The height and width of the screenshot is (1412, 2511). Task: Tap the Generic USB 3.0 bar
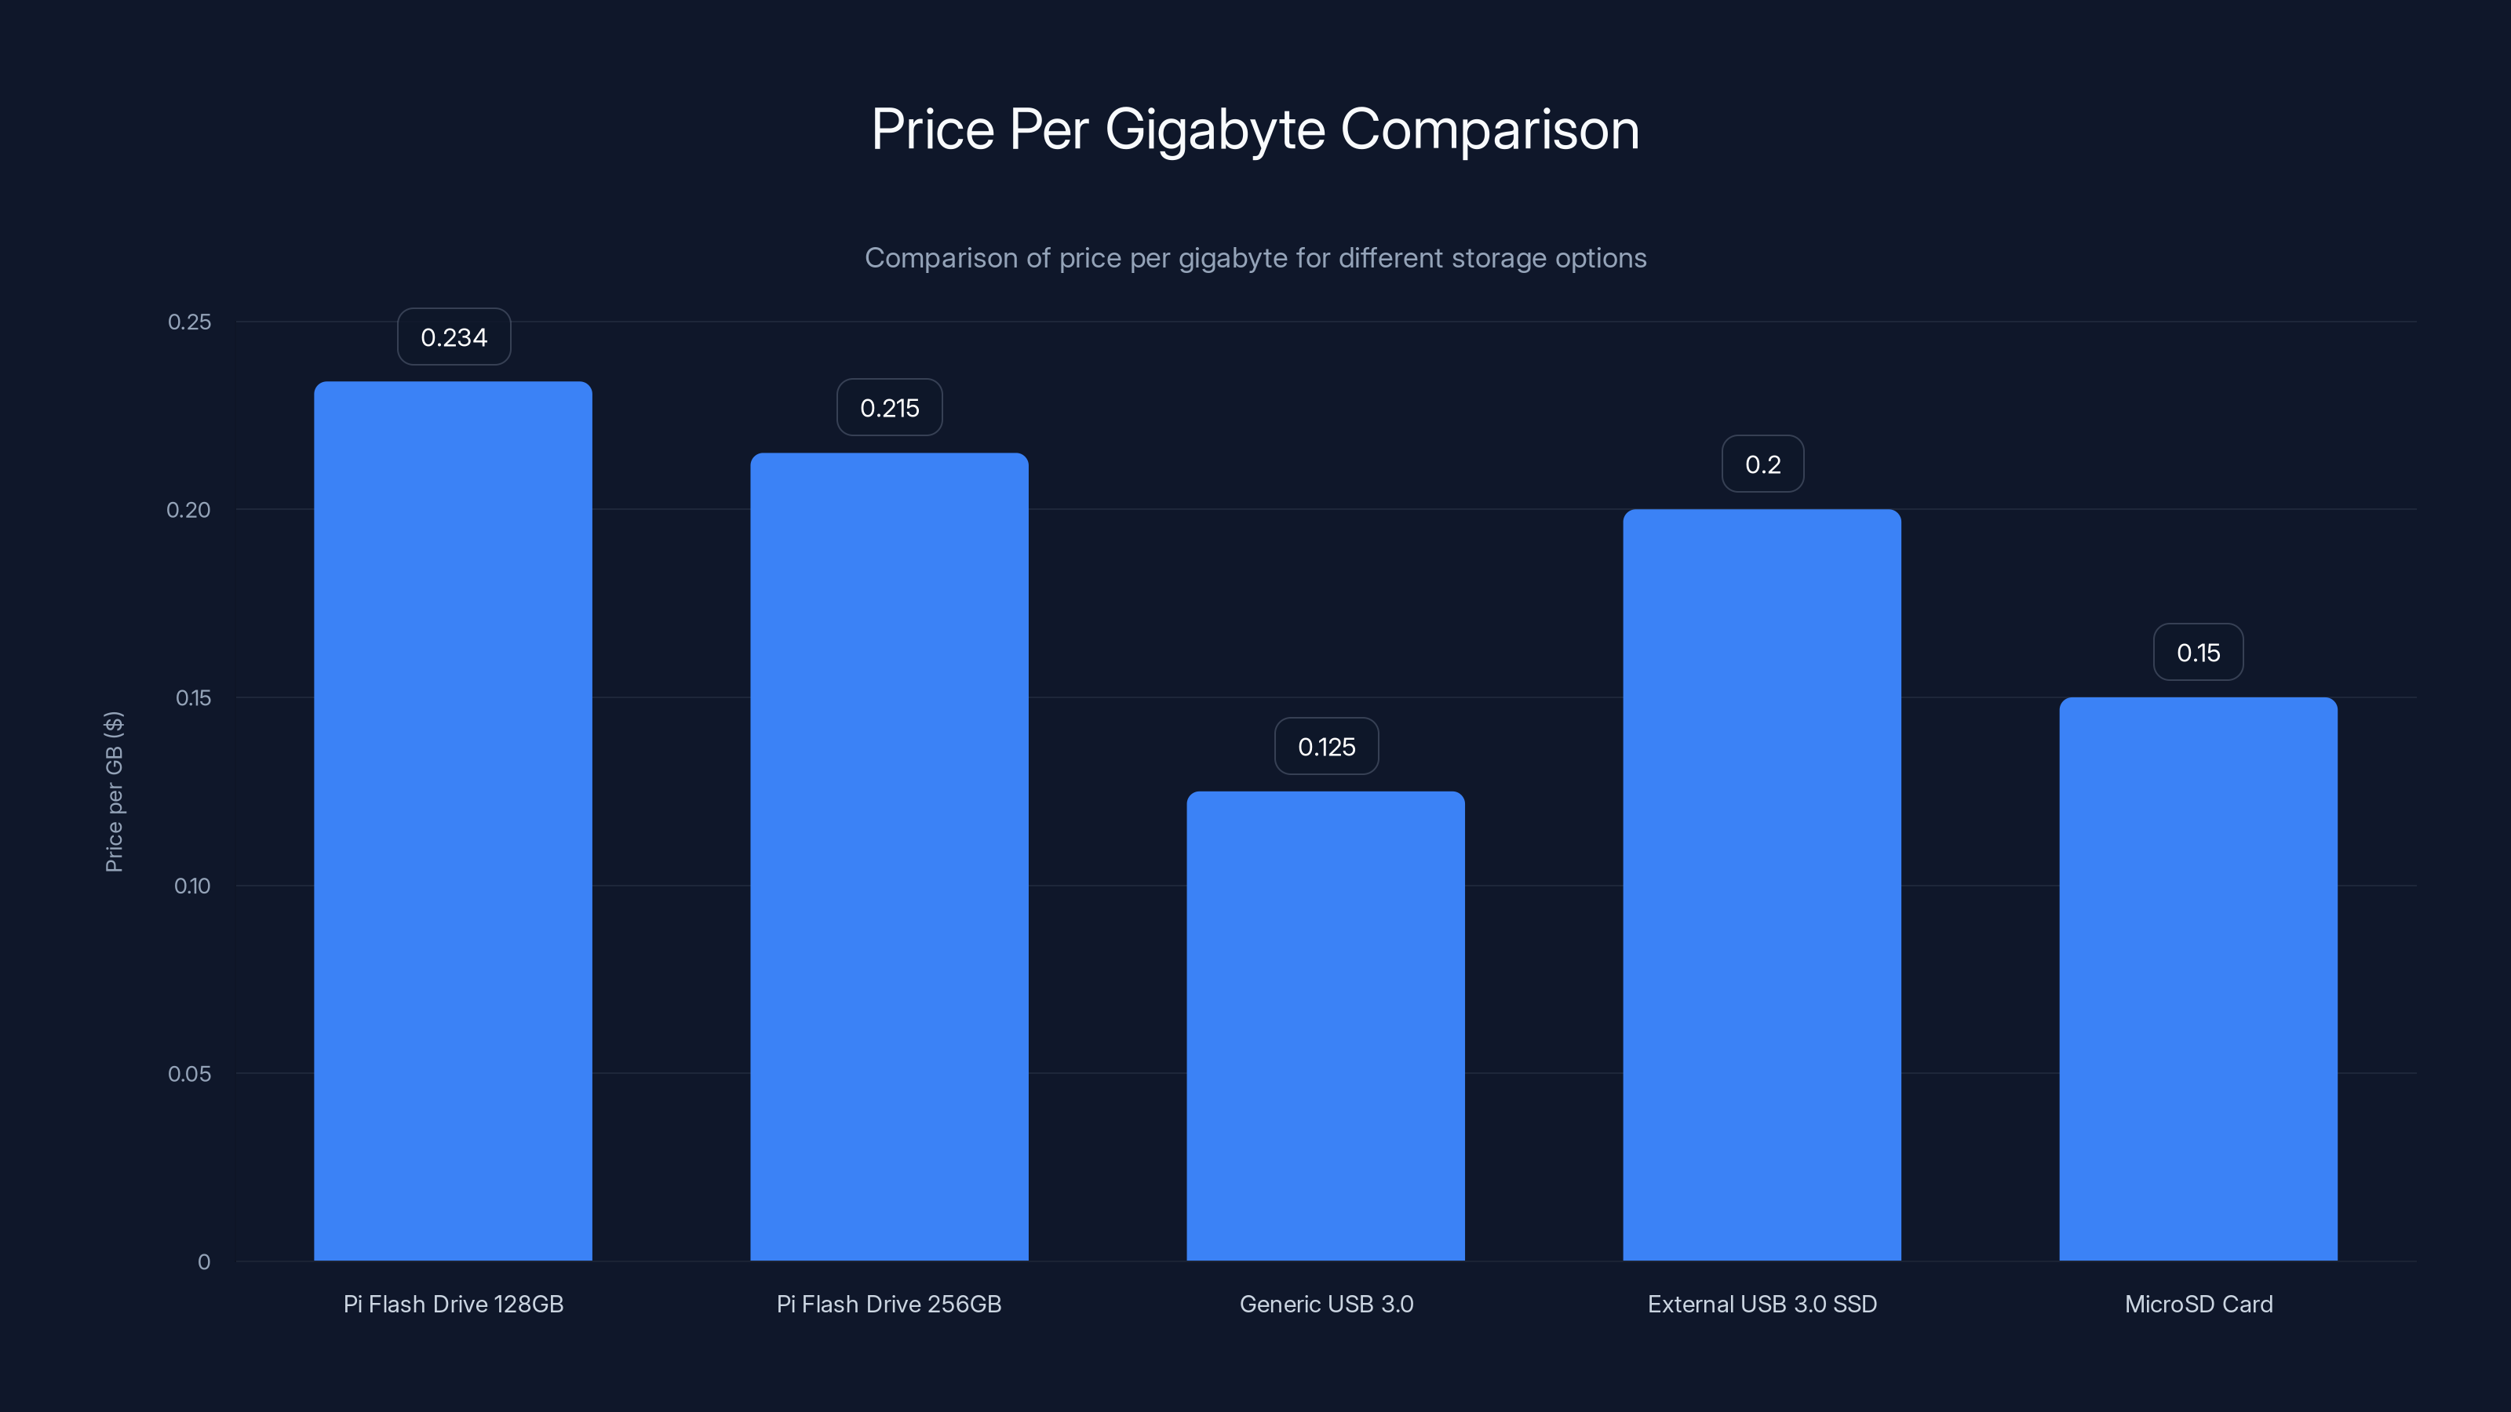pyautogui.click(x=1325, y=1025)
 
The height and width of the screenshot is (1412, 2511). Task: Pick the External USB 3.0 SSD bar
pyautogui.click(x=1762, y=884)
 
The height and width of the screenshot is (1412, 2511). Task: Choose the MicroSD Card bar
pyautogui.click(x=2198, y=978)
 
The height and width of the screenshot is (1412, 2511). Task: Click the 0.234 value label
pyautogui.click(x=454, y=337)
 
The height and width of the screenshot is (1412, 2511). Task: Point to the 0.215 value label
pyautogui.click(x=889, y=407)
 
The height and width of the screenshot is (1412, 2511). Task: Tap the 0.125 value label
pyautogui.click(x=1325, y=747)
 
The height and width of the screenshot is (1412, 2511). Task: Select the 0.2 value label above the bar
pyautogui.click(x=1762, y=464)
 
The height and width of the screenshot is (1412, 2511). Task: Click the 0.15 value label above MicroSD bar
pyautogui.click(x=2198, y=652)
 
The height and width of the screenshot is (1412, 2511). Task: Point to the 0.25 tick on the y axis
pyautogui.click(x=189, y=322)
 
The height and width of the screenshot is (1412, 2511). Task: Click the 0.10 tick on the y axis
pyautogui.click(x=192, y=886)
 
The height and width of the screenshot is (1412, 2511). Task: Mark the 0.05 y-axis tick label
pyautogui.click(x=189, y=1074)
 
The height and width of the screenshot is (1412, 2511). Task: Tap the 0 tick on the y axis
pyautogui.click(x=204, y=1262)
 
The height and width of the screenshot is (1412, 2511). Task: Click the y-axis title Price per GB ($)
pyautogui.click(x=114, y=792)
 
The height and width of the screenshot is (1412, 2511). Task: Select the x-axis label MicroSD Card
pyautogui.click(x=2198, y=1304)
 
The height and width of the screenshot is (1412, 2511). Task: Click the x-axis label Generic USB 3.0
pyautogui.click(x=1325, y=1304)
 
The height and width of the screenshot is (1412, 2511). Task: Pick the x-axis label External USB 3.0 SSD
pyautogui.click(x=1762, y=1304)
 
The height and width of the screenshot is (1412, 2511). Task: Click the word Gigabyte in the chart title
pyautogui.click(x=1215, y=130)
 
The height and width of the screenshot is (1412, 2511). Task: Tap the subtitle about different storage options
pyautogui.click(x=1255, y=258)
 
